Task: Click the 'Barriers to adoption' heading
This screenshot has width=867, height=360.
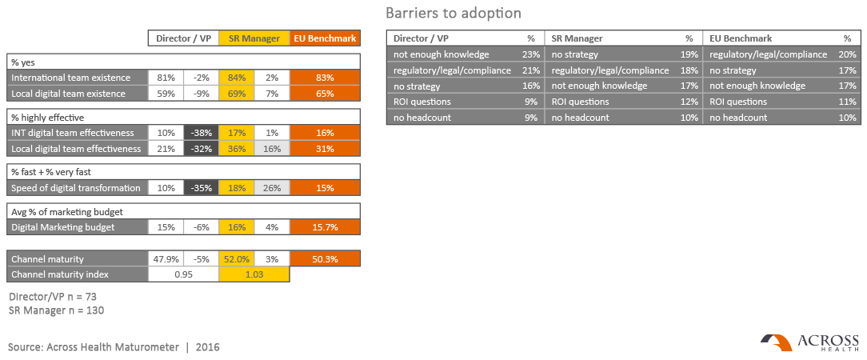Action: click(453, 14)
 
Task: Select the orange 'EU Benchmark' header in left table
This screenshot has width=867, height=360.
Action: click(325, 38)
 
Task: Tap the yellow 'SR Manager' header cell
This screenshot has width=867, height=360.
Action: click(254, 38)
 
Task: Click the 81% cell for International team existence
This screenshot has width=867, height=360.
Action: click(166, 78)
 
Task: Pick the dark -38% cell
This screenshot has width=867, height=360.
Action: click(202, 133)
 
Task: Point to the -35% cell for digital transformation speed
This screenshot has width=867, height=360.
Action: click(202, 188)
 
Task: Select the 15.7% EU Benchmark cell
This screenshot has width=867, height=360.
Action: click(325, 227)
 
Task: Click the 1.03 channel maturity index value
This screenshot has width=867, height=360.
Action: click(254, 274)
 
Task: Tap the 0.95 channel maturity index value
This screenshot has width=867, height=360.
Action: click(184, 274)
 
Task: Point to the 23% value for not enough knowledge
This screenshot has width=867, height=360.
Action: click(529, 54)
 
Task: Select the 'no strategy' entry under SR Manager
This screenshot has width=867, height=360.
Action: click(575, 54)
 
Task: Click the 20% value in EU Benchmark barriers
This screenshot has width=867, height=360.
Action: click(847, 54)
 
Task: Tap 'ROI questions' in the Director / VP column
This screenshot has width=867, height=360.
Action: click(422, 102)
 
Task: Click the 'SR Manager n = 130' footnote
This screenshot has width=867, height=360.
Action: click(57, 310)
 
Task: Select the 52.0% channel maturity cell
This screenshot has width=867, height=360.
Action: click(237, 259)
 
